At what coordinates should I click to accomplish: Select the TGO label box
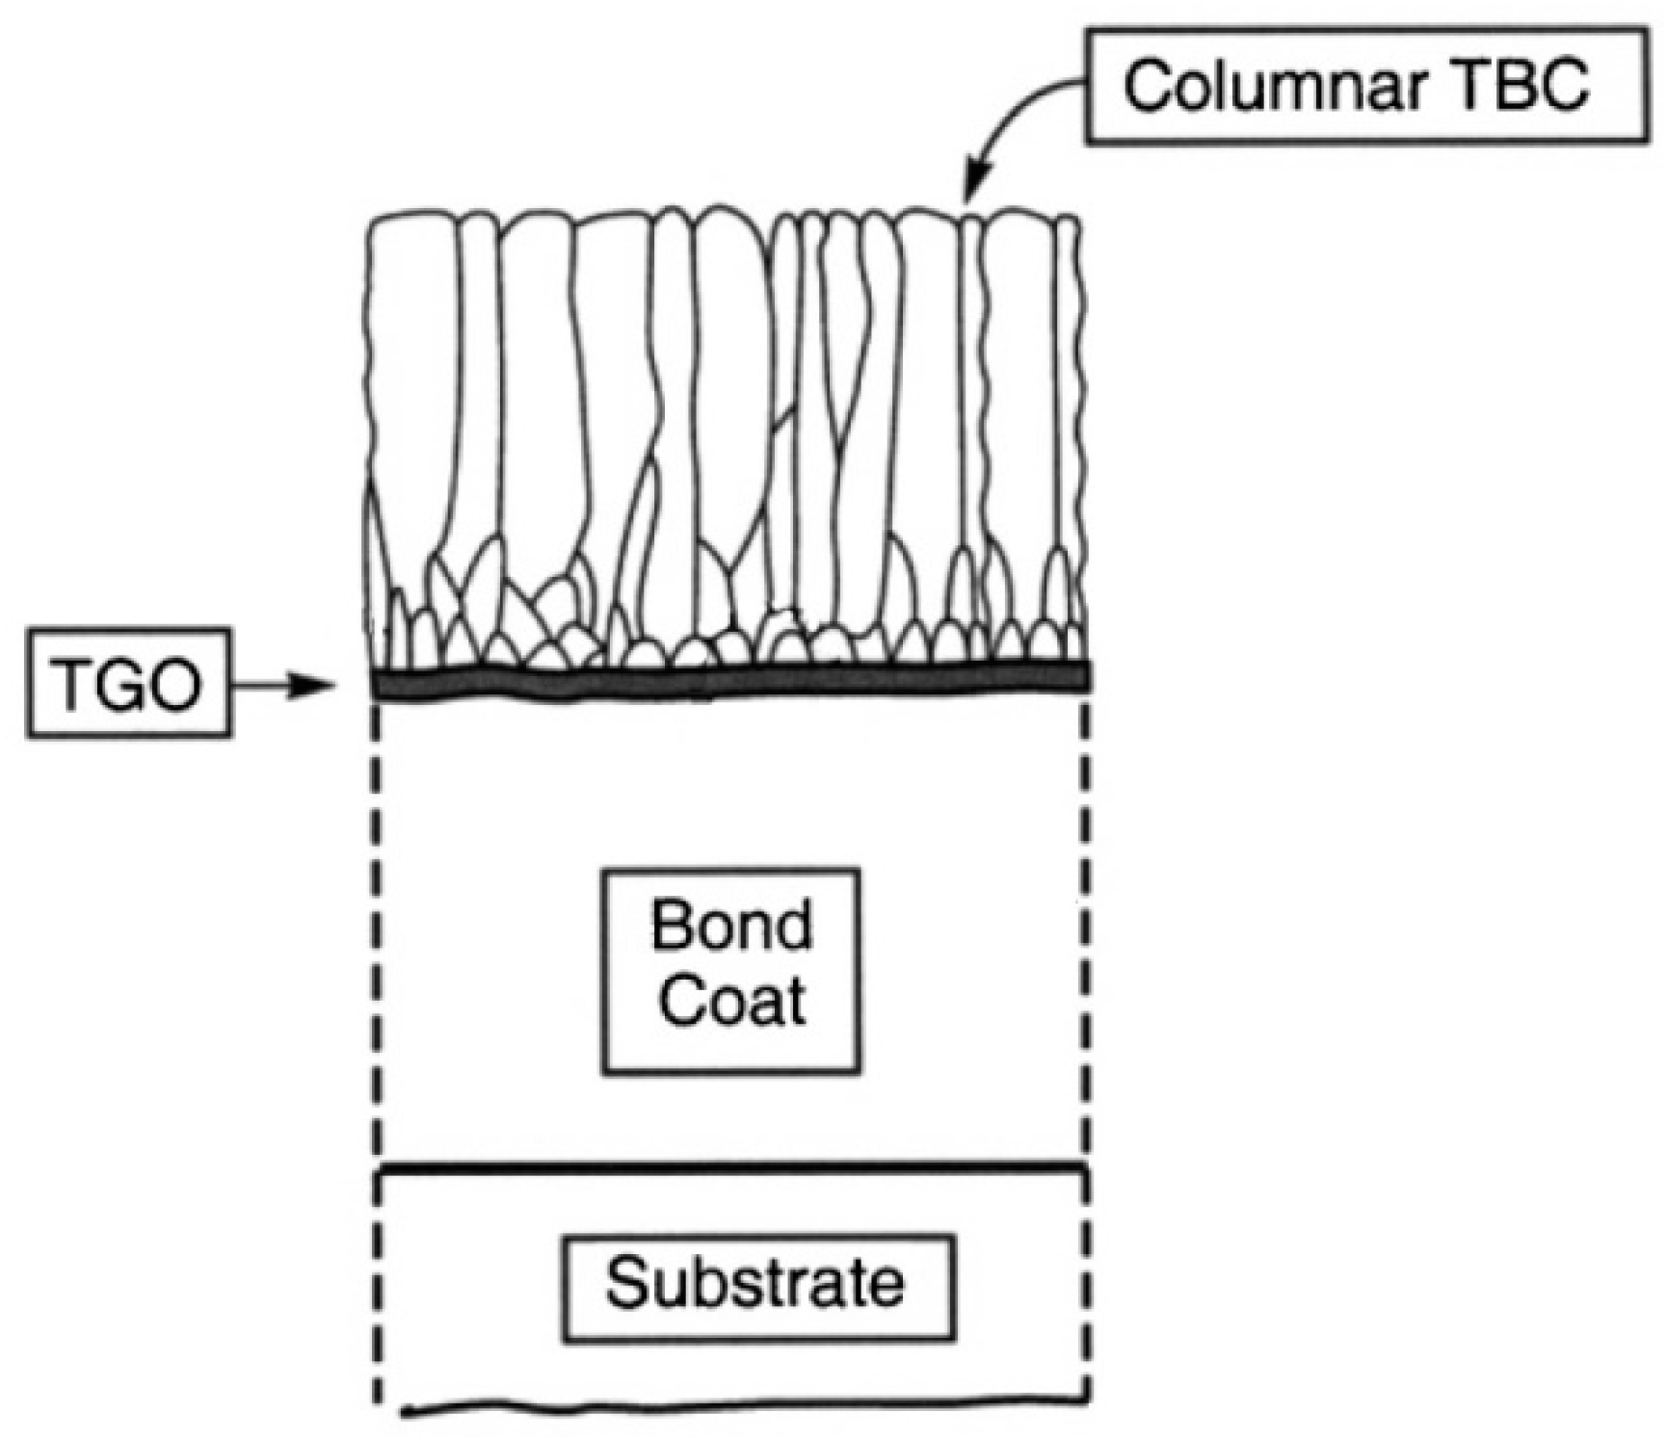(x=127, y=683)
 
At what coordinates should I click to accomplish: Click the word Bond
(x=730, y=927)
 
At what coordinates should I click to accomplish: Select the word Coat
(x=732, y=1002)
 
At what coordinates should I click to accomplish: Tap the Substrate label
(x=756, y=1284)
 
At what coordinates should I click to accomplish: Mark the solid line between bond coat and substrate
(x=732, y=1168)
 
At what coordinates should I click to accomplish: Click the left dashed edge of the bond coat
(x=377, y=925)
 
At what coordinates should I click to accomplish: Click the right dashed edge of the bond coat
(x=1087, y=925)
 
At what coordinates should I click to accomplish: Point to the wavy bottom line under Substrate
(x=742, y=1409)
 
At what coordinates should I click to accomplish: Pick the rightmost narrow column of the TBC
(x=1067, y=385)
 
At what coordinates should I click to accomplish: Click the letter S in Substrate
(x=624, y=1284)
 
